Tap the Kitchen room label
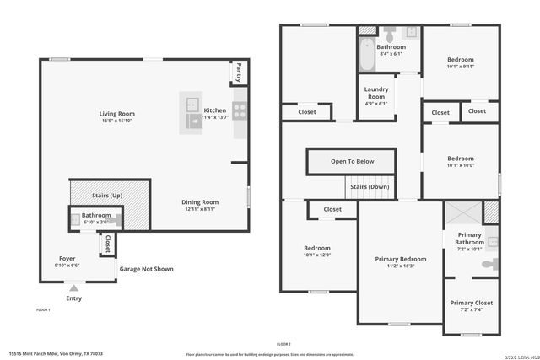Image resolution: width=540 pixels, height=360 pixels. [x=214, y=110]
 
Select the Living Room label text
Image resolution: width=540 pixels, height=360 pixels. [x=117, y=114]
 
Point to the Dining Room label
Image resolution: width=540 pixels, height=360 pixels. [x=201, y=202]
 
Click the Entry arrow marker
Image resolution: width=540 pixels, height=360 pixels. [x=73, y=288]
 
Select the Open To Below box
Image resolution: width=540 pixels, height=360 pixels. [x=351, y=161]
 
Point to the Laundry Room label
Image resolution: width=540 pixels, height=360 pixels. [x=376, y=93]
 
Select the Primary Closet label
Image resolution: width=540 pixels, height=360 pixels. [x=472, y=303]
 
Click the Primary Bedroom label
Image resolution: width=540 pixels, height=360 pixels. [x=400, y=259]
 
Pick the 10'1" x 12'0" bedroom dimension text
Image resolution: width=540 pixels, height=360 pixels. [x=317, y=255]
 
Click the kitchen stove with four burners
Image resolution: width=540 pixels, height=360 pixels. [x=240, y=108]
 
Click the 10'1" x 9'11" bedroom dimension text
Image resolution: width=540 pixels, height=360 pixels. [x=461, y=67]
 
